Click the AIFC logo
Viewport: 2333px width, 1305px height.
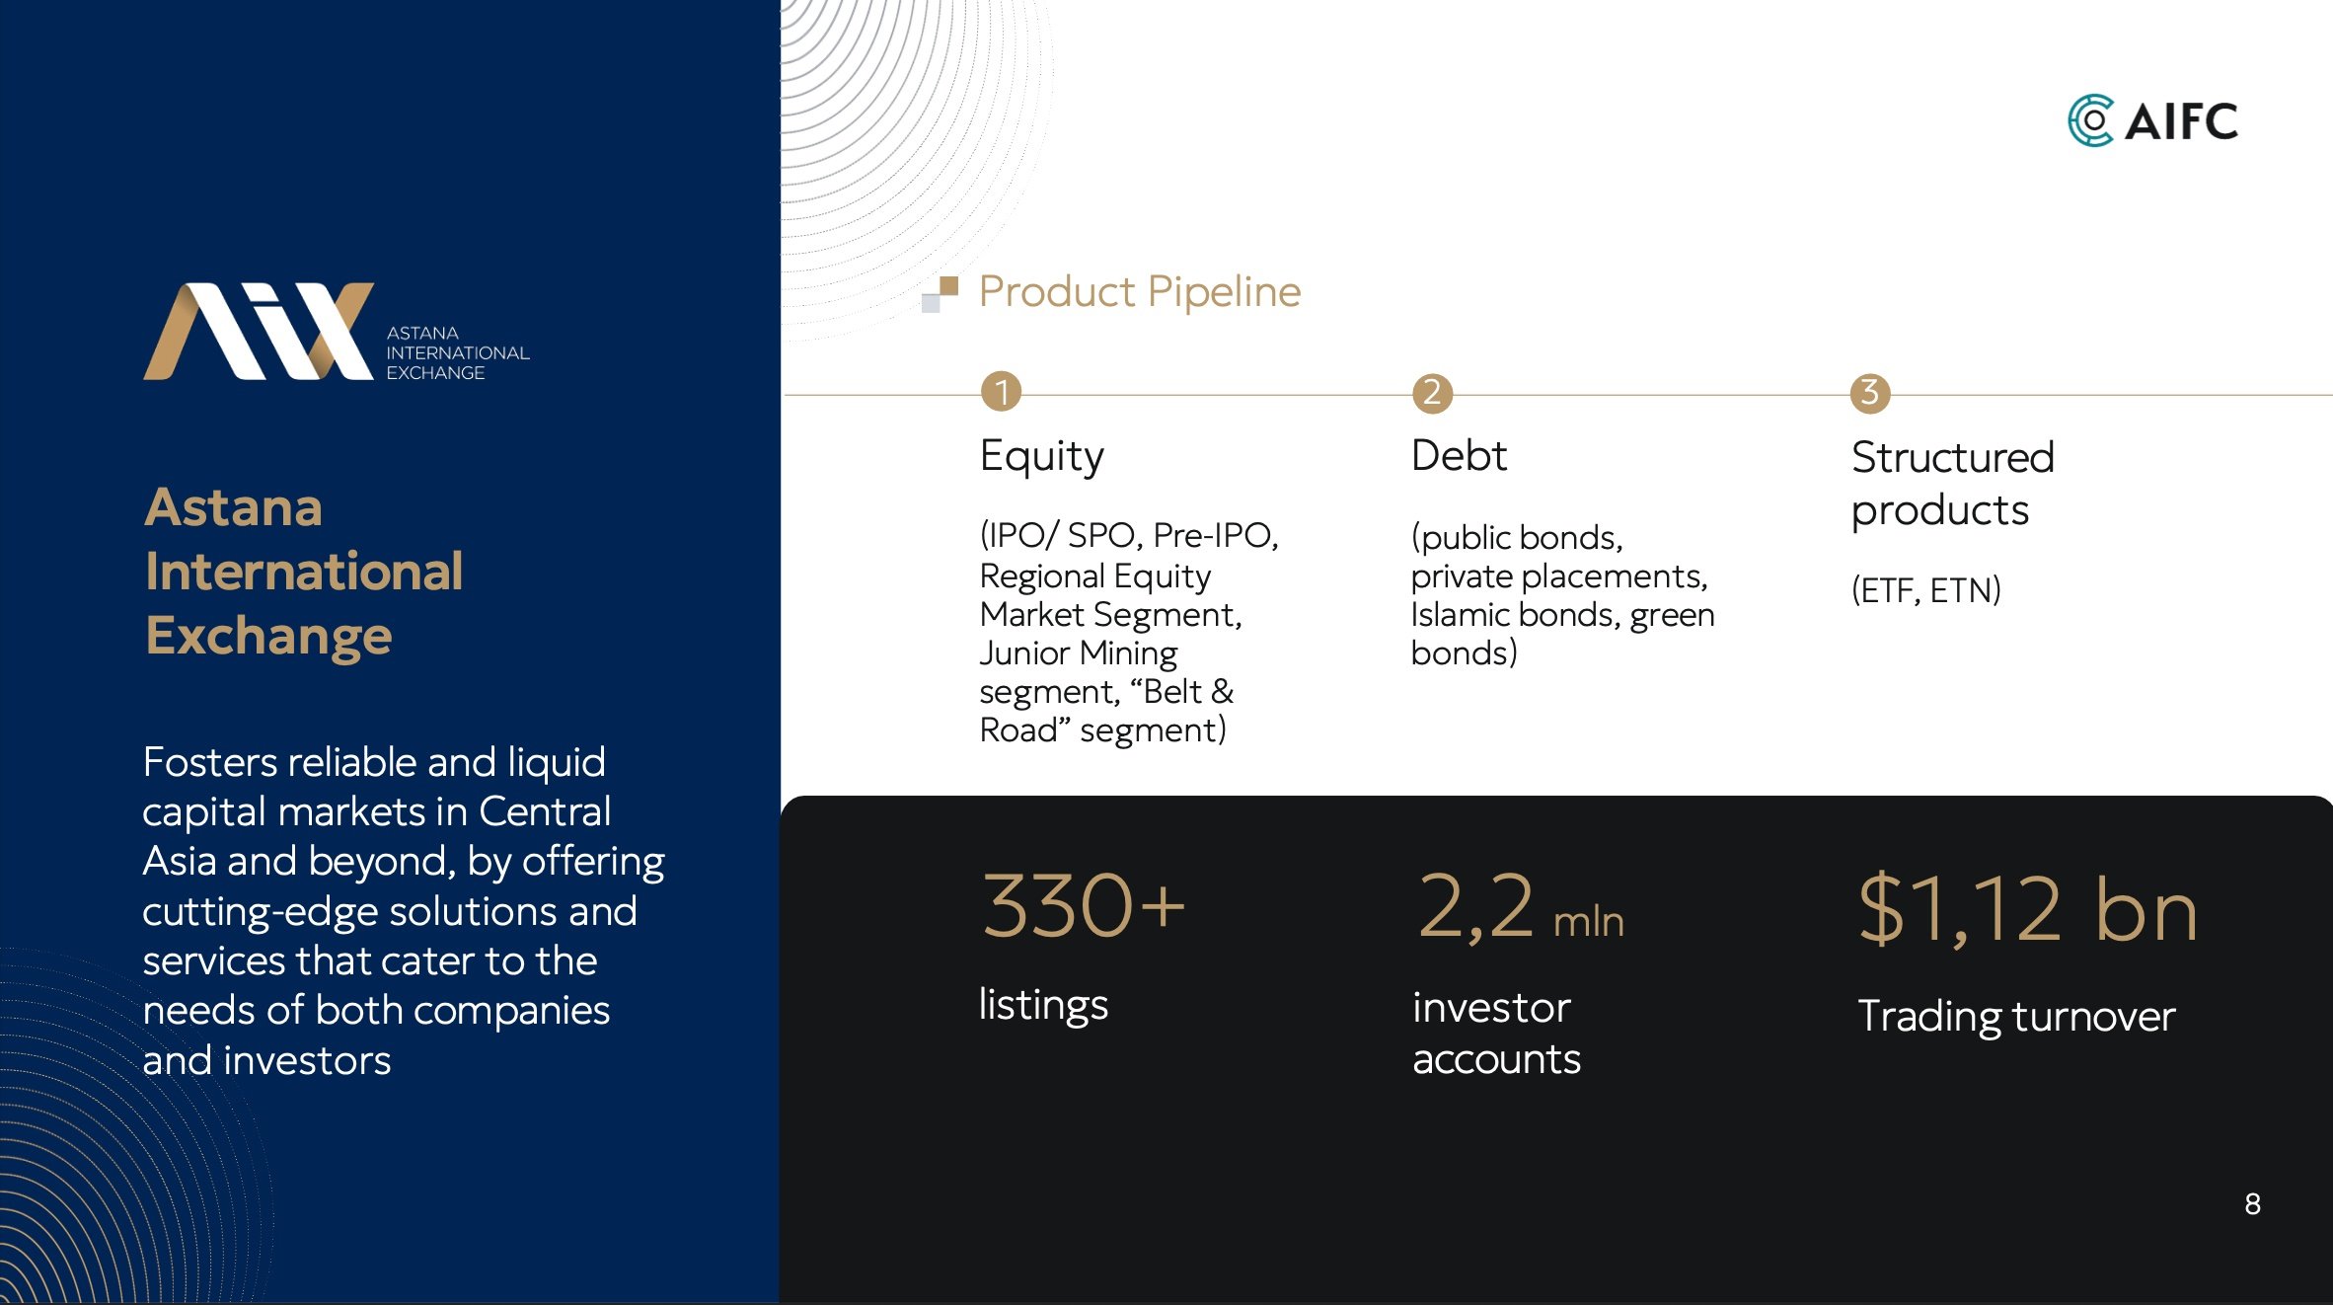pos(2152,120)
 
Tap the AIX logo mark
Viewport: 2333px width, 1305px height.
pos(259,332)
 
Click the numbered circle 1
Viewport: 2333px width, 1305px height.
pos(1001,392)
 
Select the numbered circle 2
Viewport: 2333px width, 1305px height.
pos(1432,392)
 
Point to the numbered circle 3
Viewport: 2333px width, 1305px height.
pos(1869,392)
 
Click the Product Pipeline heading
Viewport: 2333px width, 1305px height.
pos(1140,292)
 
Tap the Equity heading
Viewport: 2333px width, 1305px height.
pos(1041,457)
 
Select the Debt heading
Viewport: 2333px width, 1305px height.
pos(1459,456)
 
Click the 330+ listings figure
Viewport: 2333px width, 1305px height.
pos(1083,905)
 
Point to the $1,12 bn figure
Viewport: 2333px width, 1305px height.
pos(2028,909)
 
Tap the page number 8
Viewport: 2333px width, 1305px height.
pos(2252,1204)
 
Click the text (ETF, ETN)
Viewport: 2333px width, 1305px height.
pos(1925,590)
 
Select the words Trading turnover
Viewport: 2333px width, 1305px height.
pos(2016,1017)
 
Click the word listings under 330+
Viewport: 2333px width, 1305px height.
pos(1043,1005)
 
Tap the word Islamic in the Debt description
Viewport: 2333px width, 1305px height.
pos(1462,614)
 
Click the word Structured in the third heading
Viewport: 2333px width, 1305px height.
pos(1952,457)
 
